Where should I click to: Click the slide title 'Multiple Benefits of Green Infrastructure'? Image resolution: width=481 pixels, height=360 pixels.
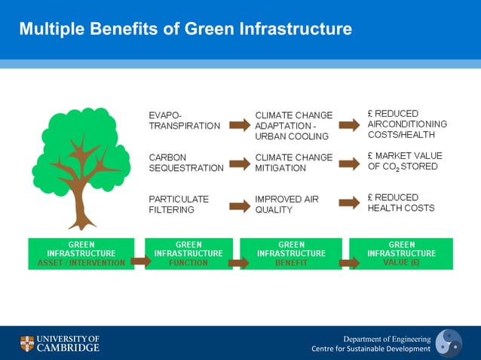185,29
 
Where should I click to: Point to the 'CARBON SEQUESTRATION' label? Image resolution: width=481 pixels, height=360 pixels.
186,163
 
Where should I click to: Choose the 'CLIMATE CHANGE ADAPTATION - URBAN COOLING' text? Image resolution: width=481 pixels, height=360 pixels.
293,126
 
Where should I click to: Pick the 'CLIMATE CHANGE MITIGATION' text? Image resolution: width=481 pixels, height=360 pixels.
293,163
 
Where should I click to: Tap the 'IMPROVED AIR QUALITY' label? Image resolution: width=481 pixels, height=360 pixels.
286,204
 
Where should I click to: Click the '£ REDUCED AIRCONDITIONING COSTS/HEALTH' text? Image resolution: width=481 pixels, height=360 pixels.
407,124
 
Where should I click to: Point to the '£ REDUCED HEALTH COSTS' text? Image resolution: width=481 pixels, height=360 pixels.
401,203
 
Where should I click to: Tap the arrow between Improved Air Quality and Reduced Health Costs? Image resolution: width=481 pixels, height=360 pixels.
350,203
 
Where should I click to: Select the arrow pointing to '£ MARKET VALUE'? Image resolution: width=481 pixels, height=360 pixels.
350,163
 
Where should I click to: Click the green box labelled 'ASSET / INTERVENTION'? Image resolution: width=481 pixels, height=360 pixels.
81,254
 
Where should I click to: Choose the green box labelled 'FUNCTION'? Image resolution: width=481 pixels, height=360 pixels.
188,254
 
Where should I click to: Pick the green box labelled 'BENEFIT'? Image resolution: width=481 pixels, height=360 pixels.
291,254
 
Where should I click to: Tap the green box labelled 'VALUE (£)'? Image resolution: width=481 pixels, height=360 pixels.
401,254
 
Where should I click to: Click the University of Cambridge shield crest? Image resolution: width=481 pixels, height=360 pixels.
27,343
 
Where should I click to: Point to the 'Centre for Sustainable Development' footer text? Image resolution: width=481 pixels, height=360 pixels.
371,349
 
